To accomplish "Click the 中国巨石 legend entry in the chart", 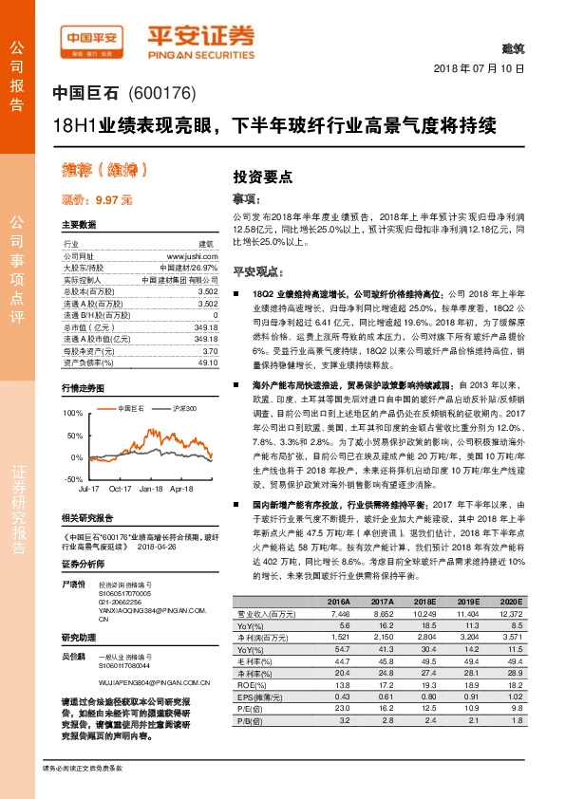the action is [x=132, y=406].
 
